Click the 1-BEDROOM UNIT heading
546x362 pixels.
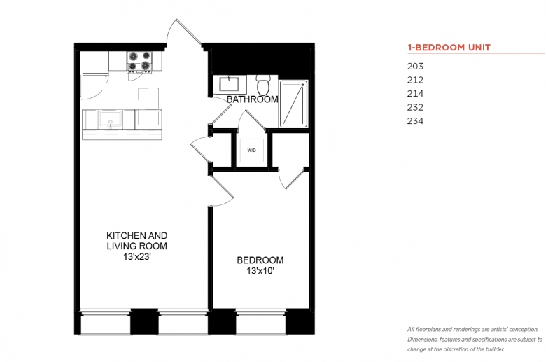click(449, 48)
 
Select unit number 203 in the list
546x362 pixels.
click(415, 67)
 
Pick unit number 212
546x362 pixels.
click(415, 80)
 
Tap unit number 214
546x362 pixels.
click(415, 93)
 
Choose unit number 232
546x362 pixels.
click(415, 107)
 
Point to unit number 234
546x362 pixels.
click(415, 121)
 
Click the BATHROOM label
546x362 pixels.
click(253, 99)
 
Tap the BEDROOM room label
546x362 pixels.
click(260, 260)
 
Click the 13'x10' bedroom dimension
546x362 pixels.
click(260, 271)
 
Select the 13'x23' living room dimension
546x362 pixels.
click(136, 257)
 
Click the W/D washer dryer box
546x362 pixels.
click(251, 150)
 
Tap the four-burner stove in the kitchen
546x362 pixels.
click(139, 62)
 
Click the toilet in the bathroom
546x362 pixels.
click(263, 83)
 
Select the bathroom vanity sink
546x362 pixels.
click(230, 84)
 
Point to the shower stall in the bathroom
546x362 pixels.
click(294, 104)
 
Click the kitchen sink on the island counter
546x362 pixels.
click(111, 119)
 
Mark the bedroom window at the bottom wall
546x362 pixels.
click(261, 321)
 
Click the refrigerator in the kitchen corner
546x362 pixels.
click(94, 63)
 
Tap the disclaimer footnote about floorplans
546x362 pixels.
click(475, 340)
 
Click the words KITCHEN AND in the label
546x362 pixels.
click(136, 235)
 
